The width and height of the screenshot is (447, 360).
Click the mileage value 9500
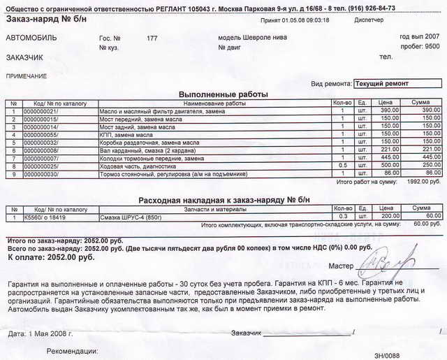(432, 46)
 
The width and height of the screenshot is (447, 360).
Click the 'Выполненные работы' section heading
(223, 94)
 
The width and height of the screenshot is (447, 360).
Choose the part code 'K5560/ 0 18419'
(44, 217)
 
